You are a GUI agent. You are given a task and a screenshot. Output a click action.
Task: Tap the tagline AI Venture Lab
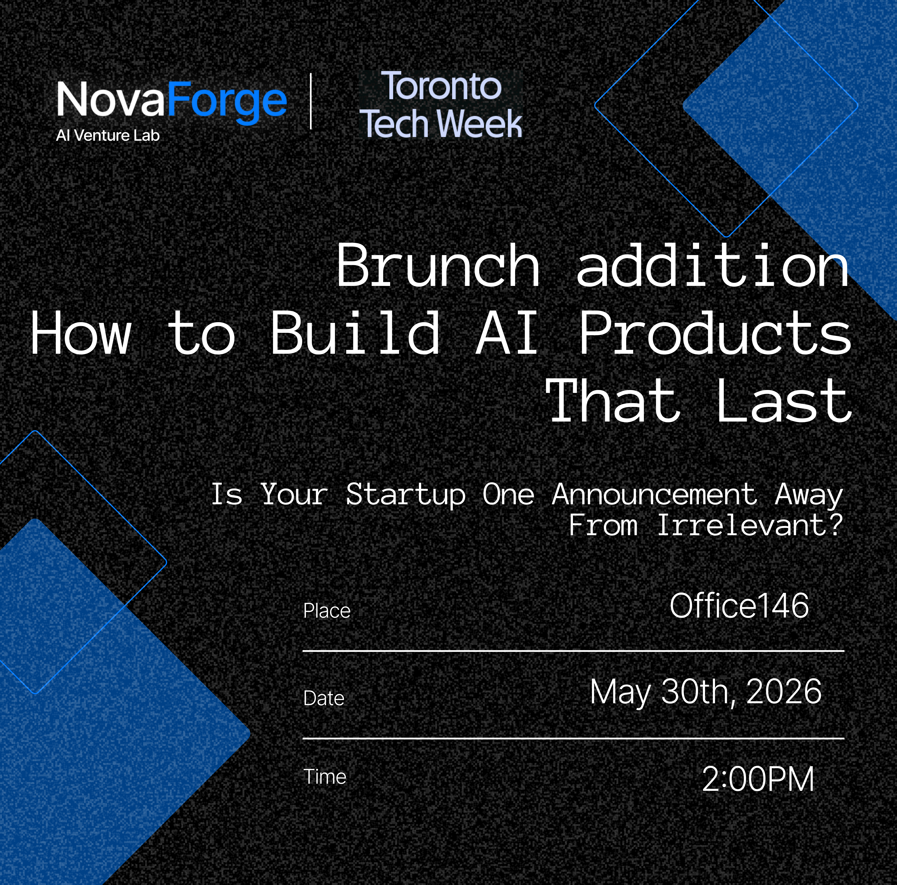point(108,135)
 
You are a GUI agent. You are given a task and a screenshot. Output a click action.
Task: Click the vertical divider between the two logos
point(311,101)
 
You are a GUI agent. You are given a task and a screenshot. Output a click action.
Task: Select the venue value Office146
point(739,606)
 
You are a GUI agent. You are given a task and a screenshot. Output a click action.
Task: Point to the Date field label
point(324,698)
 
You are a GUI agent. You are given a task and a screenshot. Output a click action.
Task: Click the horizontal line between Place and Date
point(573,651)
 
